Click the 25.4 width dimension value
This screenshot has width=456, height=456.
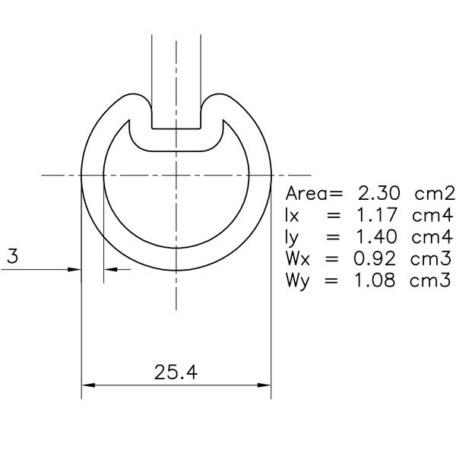pyautogui.click(x=176, y=372)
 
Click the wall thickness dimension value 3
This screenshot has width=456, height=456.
pyautogui.click(x=12, y=257)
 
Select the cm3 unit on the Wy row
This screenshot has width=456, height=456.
pyautogui.click(x=432, y=280)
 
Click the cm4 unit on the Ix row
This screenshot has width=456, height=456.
pyautogui.click(x=432, y=214)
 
